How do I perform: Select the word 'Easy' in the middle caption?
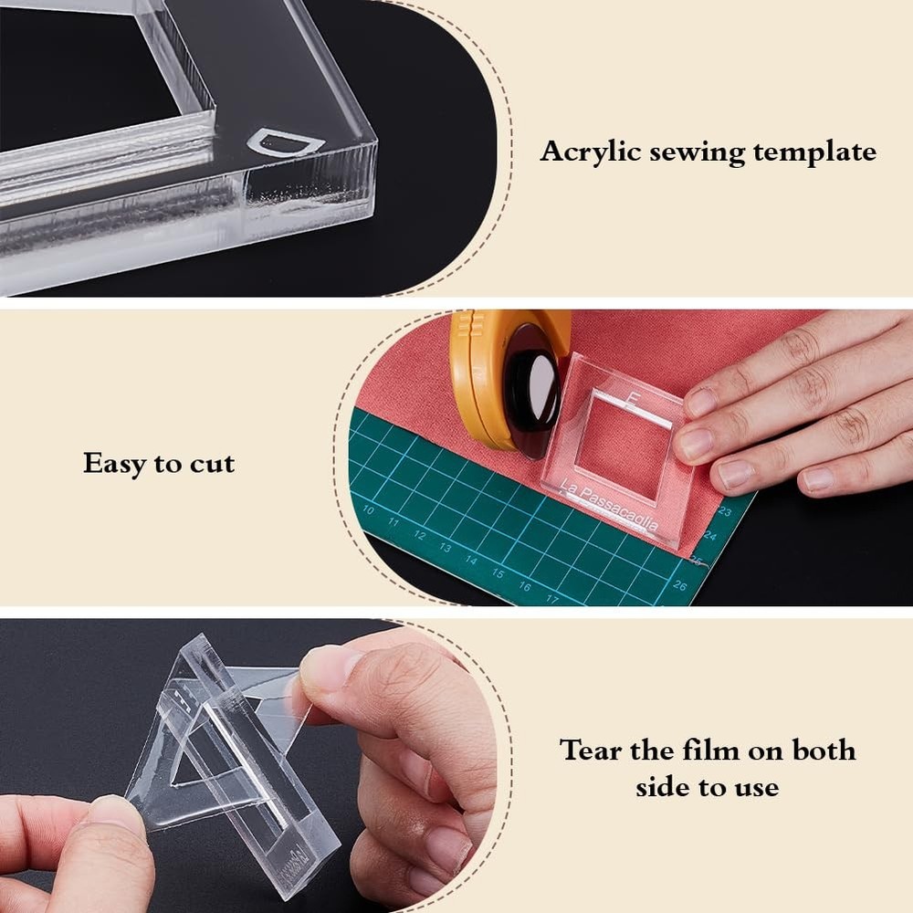point(116,463)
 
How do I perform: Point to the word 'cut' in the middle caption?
point(213,464)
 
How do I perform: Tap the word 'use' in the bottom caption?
point(754,786)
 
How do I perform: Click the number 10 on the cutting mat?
point(368,510)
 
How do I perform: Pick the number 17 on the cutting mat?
point(551,599)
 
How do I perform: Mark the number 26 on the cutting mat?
point(678,585)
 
